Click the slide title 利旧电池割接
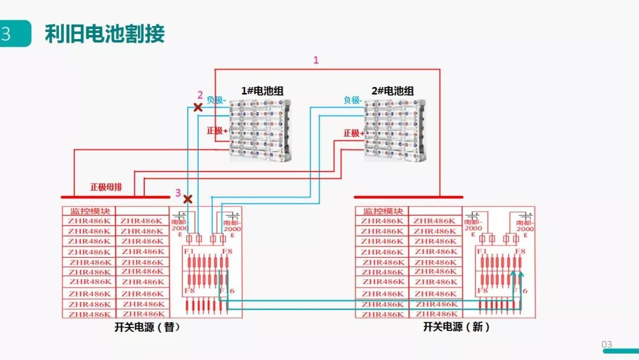[105, 34]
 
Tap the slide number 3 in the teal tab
[7, 34]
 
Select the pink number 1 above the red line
[315, 60]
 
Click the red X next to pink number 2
[198, 107]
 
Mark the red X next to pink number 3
[188, 199]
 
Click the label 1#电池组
[262, 91]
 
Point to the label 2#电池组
[392, 91]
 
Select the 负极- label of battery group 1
[217, 100]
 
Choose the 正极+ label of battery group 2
[353, 133]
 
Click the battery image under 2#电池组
[394, 129]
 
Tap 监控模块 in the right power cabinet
[383, 211]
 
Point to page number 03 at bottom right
[607, 345]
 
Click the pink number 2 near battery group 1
[200, 95]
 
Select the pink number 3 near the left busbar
[177, 193]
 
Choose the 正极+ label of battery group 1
[217, 130]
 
